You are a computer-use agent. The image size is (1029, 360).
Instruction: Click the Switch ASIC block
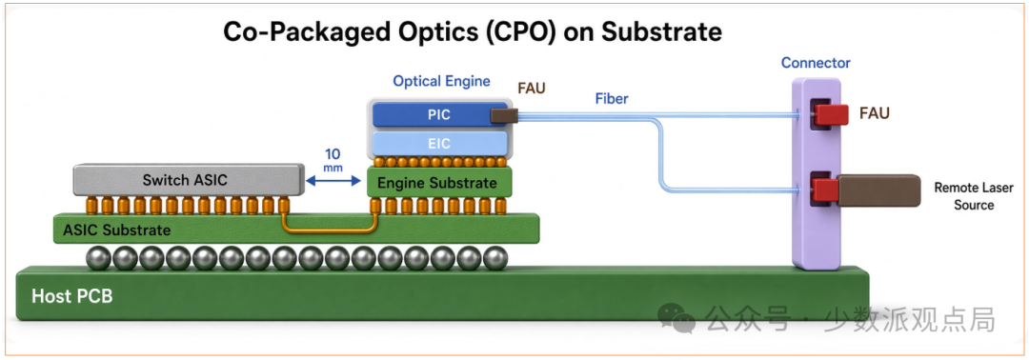coord(189,180)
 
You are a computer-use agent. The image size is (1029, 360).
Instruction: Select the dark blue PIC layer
coord(438,115)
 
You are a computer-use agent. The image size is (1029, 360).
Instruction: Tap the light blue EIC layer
coord(439,143)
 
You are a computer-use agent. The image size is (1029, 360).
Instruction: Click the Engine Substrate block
coord(438,183)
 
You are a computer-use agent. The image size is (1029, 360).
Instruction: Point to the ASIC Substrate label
coord(117,230)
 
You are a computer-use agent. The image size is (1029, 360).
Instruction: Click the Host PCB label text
coord(71,296)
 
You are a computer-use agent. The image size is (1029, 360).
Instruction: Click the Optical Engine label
coord(442,81)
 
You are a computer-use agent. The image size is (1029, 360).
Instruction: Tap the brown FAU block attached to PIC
coord(504,116)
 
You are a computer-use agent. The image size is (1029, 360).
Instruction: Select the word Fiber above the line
coord(613,100)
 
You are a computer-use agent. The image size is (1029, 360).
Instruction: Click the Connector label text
coord(816,63)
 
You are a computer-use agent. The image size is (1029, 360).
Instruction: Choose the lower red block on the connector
coord(826,190)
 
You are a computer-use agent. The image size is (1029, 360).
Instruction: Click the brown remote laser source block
coord(878,190)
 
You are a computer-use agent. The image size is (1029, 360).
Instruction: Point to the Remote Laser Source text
coord(964,196)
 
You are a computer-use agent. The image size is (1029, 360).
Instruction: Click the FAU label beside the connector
coord(875,113)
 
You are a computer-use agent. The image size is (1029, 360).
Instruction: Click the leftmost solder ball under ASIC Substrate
coord(98,258)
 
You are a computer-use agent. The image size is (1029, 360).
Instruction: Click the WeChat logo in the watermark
coord(676,317)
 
